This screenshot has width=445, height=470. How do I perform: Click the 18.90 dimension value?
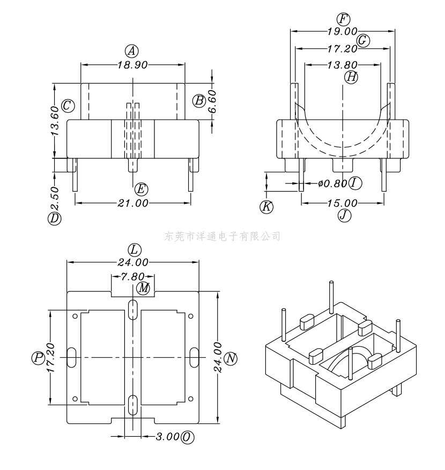click(x=132, y=65)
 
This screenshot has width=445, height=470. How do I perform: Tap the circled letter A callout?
click(x=132, y=51)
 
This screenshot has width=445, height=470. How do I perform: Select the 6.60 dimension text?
click(x=212, y=101)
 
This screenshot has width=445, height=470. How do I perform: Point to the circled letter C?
click(x=68, y=106)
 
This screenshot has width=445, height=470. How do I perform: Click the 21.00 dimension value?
click(x=132, y=203)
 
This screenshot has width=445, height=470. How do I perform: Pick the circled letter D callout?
click(x=55, y=218)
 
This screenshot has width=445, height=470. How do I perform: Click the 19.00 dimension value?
click(x=342, y=31)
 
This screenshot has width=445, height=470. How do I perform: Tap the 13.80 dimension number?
click(x=342, y=65)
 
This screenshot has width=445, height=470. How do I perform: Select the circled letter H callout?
click(x=351, y=77)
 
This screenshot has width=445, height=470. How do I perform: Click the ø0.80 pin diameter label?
click(x=333, y=183)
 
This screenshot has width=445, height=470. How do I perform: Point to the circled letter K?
click(x=266, y=207)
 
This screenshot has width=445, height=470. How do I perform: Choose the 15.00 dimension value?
click(x=342, y=203)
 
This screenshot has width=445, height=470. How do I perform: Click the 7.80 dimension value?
click(x=132, y=276)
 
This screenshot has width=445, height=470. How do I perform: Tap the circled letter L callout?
click(x=135, y=249)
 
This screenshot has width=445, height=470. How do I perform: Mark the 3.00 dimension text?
click(x=168, y=436)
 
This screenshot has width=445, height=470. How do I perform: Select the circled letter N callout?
click(x=231, y=358)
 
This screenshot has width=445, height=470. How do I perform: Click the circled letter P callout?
click(x=38, y=357)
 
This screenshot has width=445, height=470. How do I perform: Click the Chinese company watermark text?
click(x=222, y=237)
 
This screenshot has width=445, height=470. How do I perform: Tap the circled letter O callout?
click(x=188, y=437)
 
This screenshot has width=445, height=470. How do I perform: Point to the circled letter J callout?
click(x=344, y=215)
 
